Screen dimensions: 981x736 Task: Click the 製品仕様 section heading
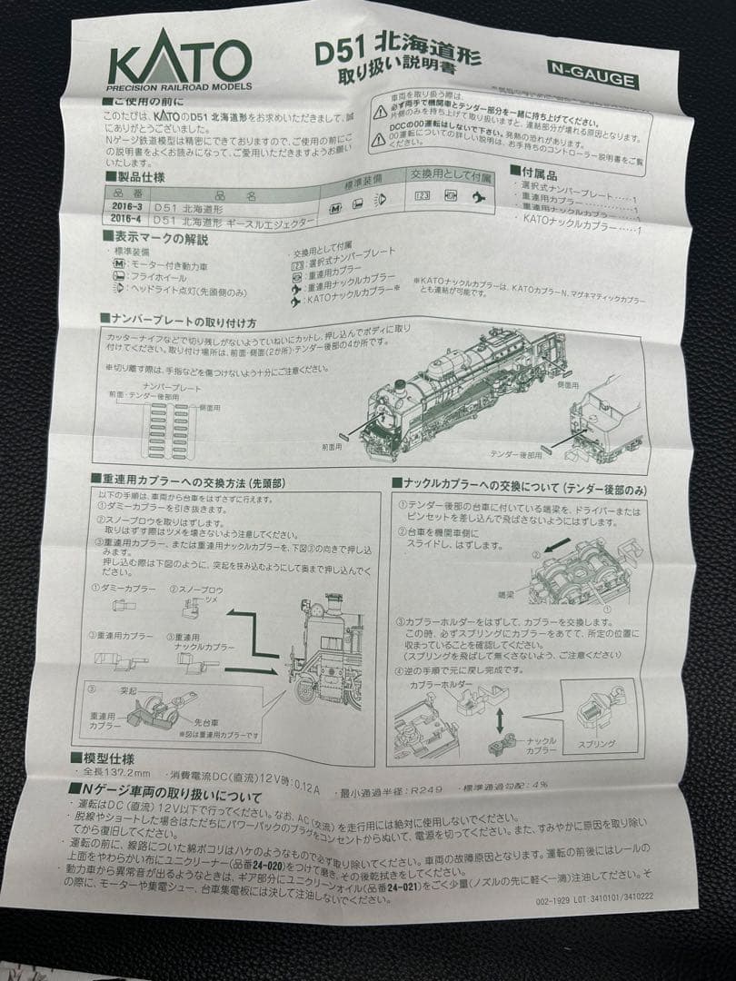pos(134,177)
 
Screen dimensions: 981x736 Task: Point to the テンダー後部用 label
pos(515,454)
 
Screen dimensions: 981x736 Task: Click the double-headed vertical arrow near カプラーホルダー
pos(500,710)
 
